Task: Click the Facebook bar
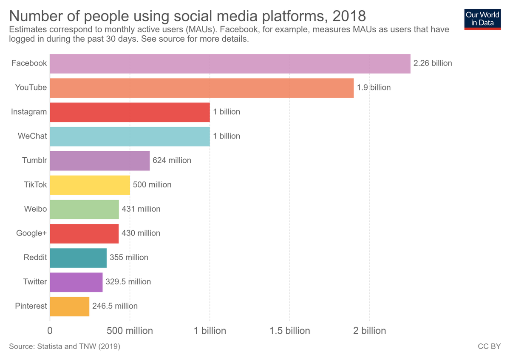click(x=230, y=64)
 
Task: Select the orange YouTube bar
click(x=201, y=88)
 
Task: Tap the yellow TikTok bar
click(x=90, y=185)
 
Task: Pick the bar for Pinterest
click(x=69, y=306)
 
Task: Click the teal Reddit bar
click(x=78, y=258)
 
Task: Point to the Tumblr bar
click(x=99, y=161)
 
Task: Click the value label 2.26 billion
click(x=433, y=63)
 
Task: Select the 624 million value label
click(x=172, y=161)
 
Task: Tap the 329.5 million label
click(x=128, y=282)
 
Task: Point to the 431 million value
click(x=141, y=209)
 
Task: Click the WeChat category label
click(x=32, y=136)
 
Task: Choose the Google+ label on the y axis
click(x=31, y=233)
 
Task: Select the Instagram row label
click(x=29, y=112)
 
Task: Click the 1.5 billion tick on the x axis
click(x=290, y=331)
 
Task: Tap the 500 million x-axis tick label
click(x=130, y=331)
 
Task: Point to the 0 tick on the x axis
click(x=50, y=331)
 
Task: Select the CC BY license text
click(x=489, y=347)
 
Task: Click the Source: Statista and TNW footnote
click(x=65, y=347)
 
